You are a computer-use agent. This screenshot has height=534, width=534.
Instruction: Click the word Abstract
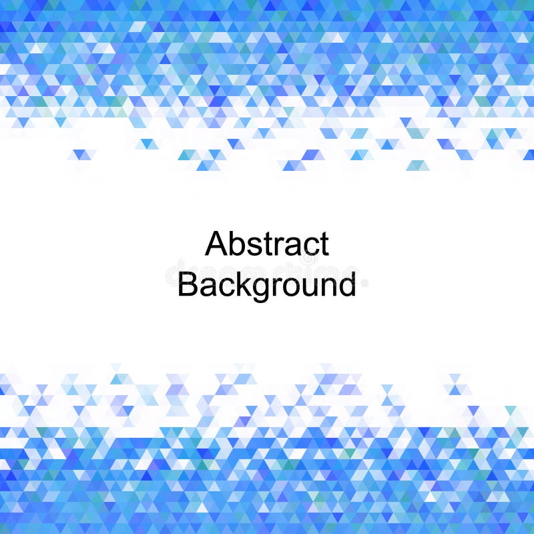(267, 244)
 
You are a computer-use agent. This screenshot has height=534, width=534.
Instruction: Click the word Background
(267, 285)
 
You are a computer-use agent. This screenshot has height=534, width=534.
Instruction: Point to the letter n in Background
(326, 286)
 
